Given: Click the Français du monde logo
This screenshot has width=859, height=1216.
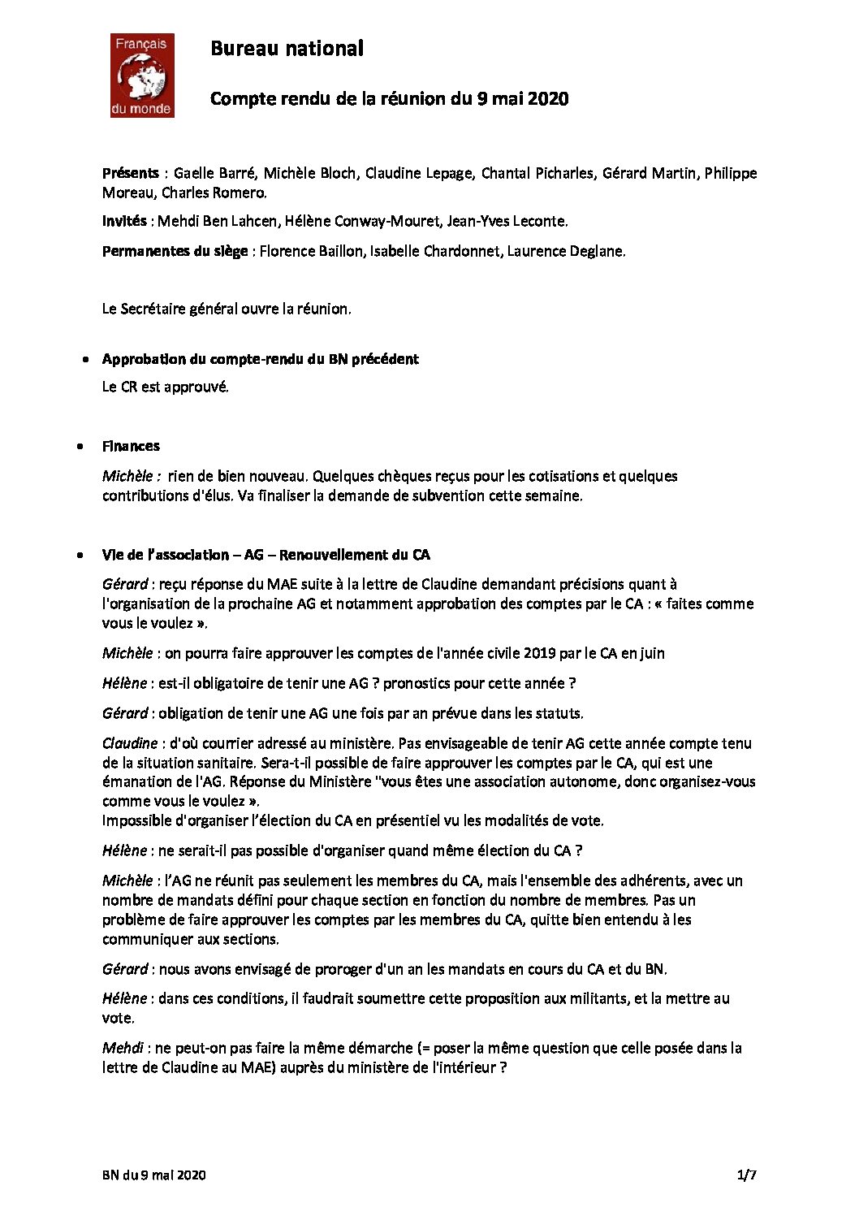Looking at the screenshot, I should pos(142,76).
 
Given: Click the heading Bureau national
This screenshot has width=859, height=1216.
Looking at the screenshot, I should pos(287,49).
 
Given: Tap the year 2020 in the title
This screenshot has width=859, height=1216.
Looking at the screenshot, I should pos(548,99).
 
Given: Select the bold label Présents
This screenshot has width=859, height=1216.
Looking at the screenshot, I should pos(130,173).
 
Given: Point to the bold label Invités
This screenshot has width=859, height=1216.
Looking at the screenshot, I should pos(124,221).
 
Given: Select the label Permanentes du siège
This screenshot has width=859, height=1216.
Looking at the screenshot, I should pos(175,251).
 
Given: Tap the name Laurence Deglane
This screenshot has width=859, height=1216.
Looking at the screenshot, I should pos(566,251).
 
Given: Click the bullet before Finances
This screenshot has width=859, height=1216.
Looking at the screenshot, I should pos(80,447).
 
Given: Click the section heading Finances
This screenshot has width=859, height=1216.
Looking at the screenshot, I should pos(131,446).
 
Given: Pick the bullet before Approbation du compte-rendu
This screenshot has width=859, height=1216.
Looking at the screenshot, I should pos(85,359).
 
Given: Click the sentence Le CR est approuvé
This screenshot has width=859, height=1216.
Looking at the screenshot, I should pos(166,387).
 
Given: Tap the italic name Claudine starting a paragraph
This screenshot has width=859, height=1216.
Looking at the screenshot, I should pos(130,743).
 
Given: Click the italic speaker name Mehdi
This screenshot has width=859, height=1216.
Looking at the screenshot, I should pos(123,1048).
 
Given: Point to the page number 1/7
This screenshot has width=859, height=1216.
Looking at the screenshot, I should pos(746,1175).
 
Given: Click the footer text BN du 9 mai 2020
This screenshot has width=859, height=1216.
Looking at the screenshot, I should pos(154,1175).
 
